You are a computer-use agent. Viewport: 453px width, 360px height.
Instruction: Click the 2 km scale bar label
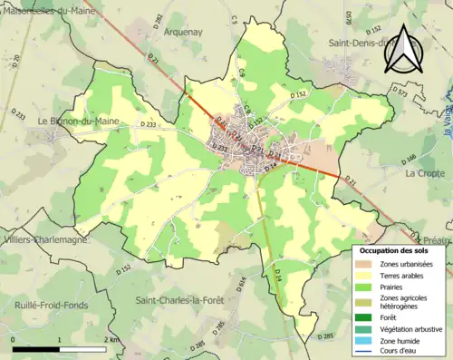point(110,339)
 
